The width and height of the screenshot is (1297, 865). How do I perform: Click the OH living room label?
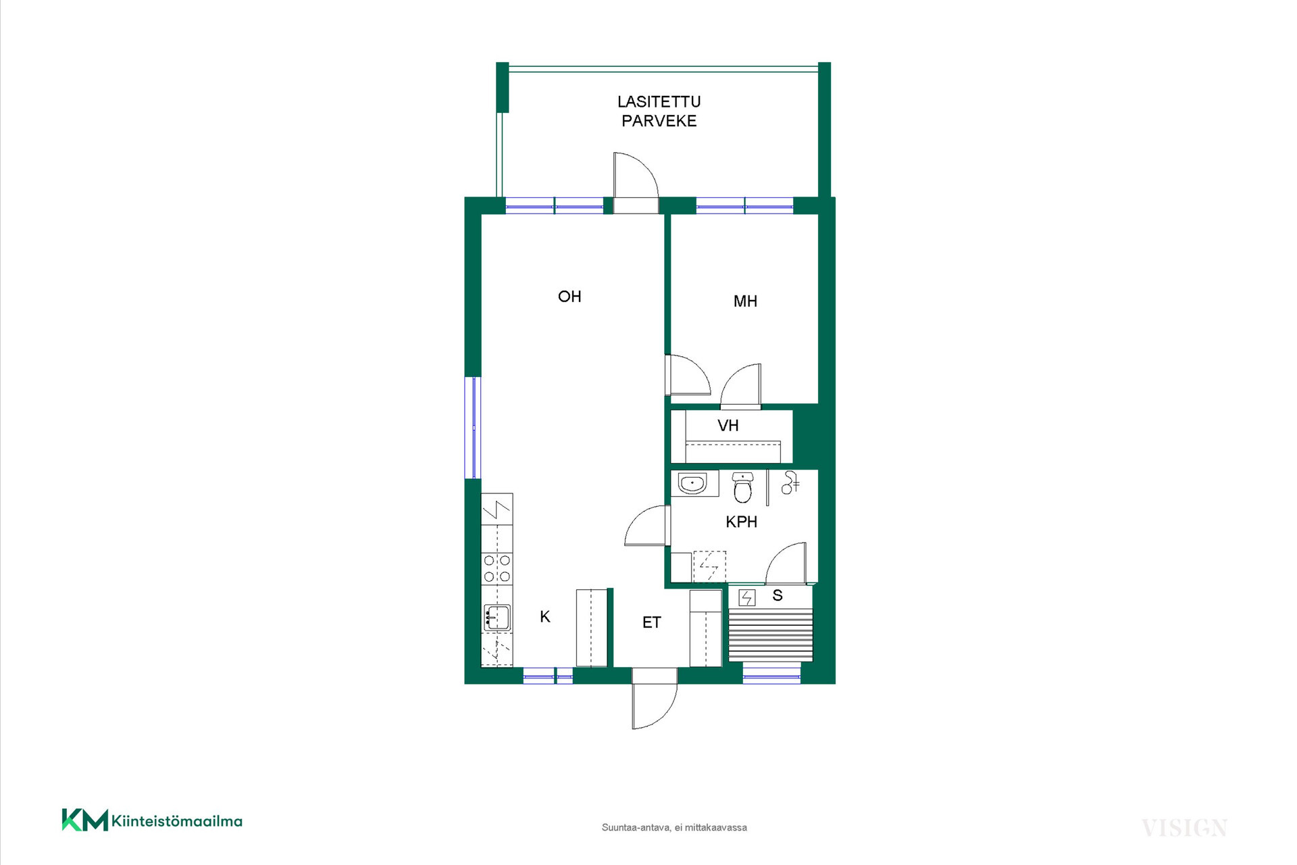[x=569, y=297]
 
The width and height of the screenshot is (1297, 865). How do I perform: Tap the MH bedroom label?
[x=745, y=301]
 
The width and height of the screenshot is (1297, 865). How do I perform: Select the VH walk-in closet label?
[x=728, y=426]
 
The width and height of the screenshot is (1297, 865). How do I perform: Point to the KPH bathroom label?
[x=741, y=522]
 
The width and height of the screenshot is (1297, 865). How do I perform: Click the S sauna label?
[x=778, y=595]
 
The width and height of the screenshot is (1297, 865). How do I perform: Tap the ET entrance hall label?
[x=651, y=622]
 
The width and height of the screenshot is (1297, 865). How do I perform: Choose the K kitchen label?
[x=545, y=616]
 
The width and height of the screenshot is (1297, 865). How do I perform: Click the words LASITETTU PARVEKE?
[x=659, y=111]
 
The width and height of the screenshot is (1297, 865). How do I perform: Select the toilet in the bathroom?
[x=742, y=487]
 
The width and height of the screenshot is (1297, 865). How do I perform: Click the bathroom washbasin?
[x=692, y=484]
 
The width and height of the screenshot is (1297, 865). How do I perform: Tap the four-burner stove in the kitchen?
[x=497, y=569]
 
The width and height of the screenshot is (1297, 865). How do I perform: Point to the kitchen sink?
[x=497, y=618]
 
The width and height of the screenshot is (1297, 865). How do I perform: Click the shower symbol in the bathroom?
[x=790, y=483]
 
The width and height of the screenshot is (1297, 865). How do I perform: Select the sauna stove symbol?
[x=746, y=597]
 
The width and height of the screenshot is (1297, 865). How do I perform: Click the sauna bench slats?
[x=771, y=635]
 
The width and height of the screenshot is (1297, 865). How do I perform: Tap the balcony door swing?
[x=636, y=175]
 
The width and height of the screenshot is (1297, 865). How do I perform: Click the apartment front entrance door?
[x=655, y=706]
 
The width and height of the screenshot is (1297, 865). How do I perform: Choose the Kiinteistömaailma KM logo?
[x=152, y=820]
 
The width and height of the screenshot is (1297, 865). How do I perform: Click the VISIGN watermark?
[x=1184, y=828]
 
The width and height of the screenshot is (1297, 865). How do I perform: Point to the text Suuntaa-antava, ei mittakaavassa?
[x=674, y=827]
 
